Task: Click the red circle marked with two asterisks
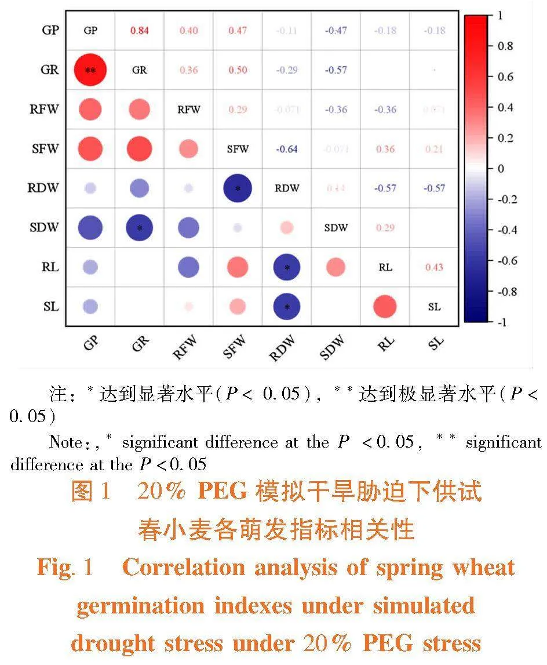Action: click(90, 70)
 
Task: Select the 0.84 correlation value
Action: click(139, 31)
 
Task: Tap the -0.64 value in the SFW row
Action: click(286, 149)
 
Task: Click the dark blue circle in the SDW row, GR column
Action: click(139, 227)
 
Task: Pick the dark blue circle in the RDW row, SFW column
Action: click(238, 188)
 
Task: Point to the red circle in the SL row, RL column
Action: click(385, 306)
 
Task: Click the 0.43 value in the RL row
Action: click(434, 267)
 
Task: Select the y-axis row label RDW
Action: click(44, 188)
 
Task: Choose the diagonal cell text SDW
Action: click(336, 228)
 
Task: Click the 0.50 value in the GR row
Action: click(238, 70)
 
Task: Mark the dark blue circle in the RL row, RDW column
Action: click(286, 267)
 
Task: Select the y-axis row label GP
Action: click(50, 30)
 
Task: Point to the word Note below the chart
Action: click(65, 442)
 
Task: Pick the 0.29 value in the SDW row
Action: click(385, 228)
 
